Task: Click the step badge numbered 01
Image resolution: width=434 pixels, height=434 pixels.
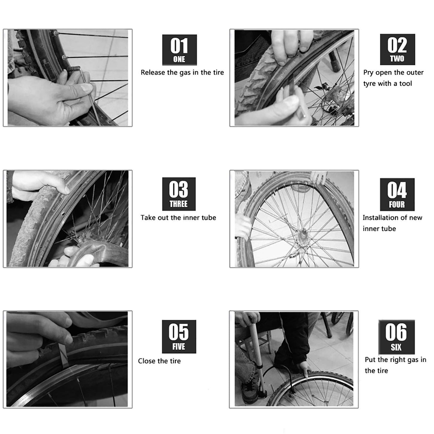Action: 179,50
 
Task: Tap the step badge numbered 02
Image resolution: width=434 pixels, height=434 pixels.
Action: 397,49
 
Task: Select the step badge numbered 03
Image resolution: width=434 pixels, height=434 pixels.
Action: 179,194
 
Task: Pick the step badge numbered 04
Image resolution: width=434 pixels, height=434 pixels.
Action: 397,194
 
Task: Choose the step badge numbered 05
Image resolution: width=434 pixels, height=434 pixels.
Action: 179,336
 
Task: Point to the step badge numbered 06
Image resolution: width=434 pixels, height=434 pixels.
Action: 396,337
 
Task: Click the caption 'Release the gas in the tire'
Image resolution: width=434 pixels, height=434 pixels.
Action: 182,72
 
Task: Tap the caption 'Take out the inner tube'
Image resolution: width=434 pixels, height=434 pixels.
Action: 178,218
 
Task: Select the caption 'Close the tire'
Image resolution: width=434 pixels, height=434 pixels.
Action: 159,361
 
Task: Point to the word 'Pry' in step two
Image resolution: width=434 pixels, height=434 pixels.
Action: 368,73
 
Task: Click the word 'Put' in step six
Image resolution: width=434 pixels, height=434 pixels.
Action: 371,360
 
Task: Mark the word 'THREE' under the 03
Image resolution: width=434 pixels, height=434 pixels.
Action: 178,204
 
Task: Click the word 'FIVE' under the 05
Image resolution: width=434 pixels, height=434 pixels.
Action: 178,347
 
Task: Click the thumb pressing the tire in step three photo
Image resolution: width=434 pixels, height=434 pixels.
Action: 62,188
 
